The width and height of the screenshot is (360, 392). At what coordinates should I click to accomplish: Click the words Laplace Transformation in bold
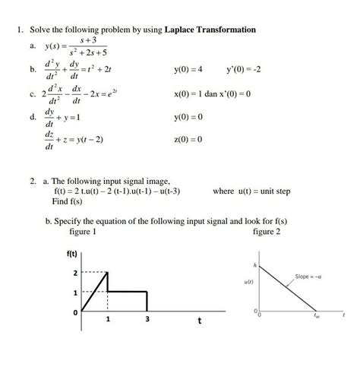click(x=207, y=30)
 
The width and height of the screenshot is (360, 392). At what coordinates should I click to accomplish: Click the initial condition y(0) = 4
click(x=188, y=71)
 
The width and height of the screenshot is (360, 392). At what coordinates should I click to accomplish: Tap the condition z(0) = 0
click(x=188, y=141)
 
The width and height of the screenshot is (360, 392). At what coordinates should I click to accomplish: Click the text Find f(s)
click(x=68, y=202)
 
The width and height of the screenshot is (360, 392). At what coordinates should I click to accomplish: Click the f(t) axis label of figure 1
click(x=73, y=255)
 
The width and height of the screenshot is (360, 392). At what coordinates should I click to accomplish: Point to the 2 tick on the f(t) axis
click(x=74, y=272)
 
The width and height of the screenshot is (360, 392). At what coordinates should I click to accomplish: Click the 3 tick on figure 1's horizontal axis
click(x=147, y=320)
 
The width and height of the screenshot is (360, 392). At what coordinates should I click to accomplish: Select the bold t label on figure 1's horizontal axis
click(x=199, y=321)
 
